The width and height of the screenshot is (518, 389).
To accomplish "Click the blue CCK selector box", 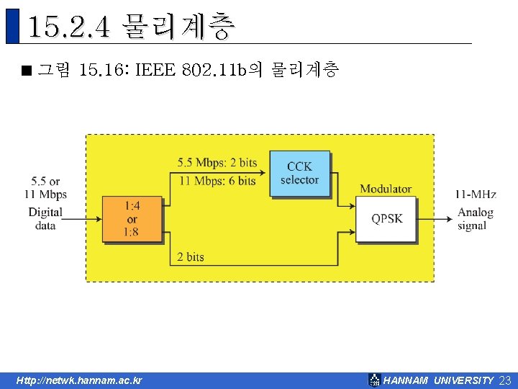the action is (299, 173).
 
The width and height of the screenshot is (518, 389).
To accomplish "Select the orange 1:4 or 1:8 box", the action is (132, 219).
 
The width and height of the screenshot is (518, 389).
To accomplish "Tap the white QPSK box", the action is (387, 218).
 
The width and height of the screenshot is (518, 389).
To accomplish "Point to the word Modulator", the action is (386, 189).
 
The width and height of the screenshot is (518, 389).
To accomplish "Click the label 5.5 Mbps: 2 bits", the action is (217, 162).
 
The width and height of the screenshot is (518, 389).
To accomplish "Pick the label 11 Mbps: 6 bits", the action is (217, 181).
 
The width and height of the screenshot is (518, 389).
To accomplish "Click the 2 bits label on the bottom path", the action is (191, 256).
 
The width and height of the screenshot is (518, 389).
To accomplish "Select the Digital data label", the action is (45, 218).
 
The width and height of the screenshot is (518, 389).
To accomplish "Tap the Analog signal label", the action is (476, 218).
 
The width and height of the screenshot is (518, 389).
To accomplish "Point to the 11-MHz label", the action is (476, 194).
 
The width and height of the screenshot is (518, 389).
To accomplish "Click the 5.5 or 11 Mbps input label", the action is (45, 188).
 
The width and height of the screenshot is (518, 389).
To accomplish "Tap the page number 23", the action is (504, 380).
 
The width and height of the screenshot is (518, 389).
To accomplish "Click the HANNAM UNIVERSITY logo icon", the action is (374, 380).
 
